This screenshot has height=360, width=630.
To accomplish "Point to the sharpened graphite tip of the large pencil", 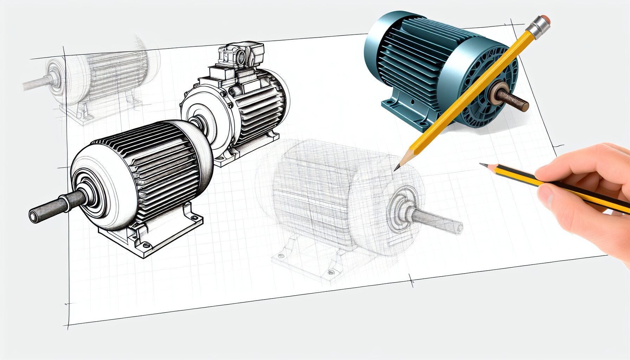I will coord(397,168).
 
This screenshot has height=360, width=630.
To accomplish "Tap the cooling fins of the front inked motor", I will coord(165,162).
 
